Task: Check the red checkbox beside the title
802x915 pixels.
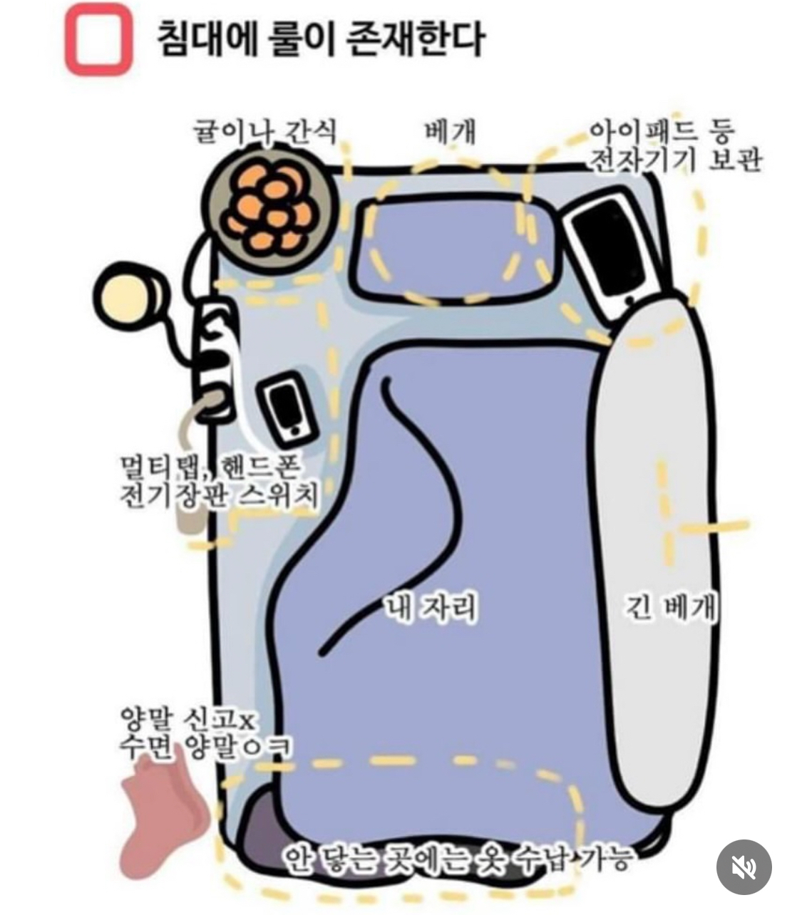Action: [99, 39]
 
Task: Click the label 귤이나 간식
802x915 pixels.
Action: [265, 133]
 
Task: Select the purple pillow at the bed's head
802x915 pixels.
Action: [454, 249]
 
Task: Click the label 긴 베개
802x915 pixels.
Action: [670, 607]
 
